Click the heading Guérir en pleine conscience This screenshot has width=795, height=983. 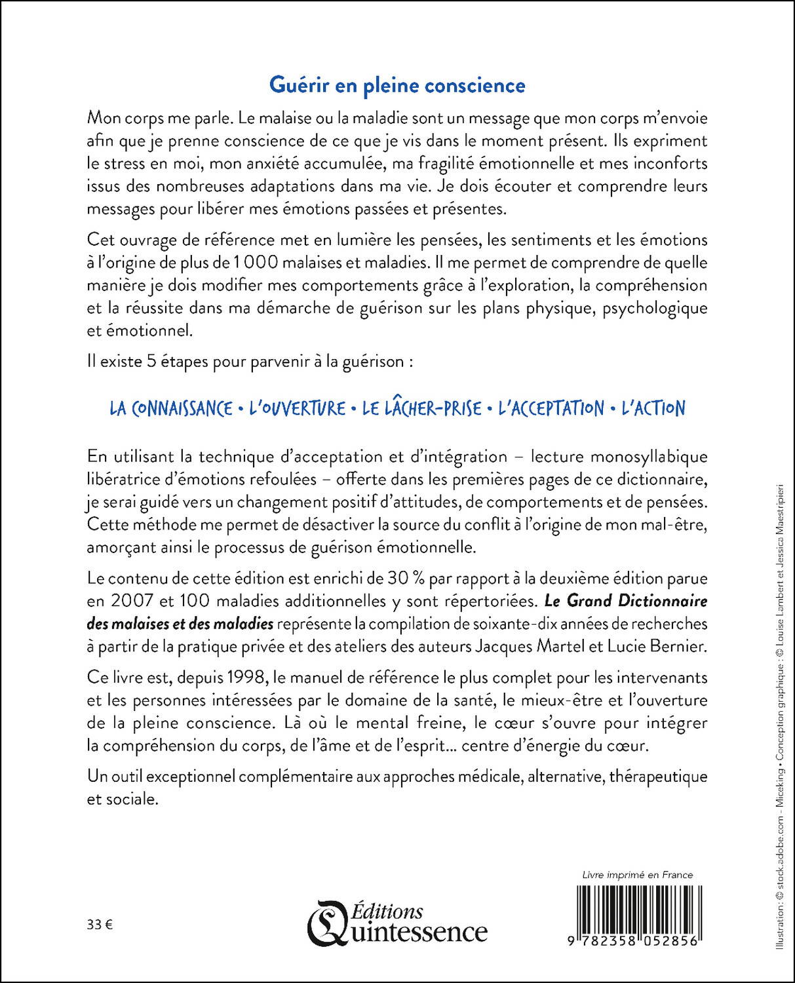397,86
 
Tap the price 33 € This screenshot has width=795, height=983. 100,925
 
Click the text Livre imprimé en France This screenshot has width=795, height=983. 637,875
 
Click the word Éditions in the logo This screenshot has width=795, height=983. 387,911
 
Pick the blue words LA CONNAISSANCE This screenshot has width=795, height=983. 171,408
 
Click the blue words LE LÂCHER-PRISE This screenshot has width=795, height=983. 421,408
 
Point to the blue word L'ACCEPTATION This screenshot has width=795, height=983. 551,408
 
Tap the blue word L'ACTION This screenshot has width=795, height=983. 653,408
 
